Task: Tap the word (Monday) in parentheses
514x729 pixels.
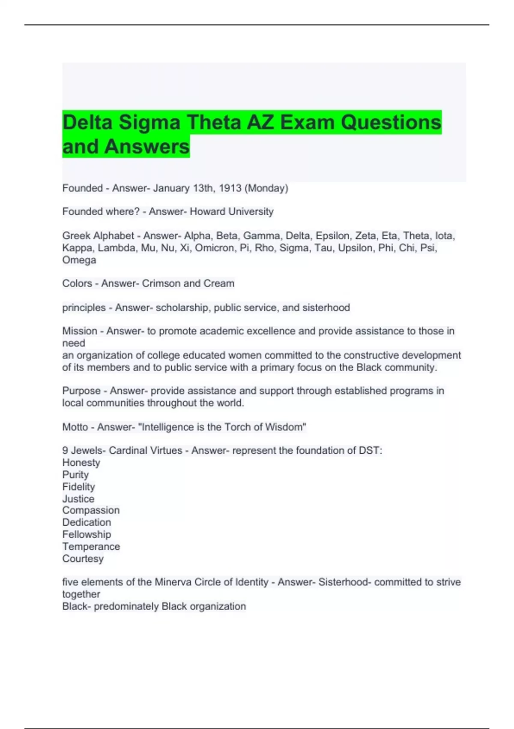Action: click(266, 188)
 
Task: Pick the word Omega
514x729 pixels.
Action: click(79, 260)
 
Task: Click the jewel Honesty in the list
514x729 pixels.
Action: click(81, 463)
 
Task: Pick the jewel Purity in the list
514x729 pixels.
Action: click(75, 475)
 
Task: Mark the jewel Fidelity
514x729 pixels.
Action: click(78, 487)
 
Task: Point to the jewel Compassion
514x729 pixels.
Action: click(91, 510)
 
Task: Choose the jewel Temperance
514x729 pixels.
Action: click(91, 547)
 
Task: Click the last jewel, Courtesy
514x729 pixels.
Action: click(83, 559)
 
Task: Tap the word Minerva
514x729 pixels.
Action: click(173, 582)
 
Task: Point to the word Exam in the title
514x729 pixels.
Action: click(307, 123)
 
